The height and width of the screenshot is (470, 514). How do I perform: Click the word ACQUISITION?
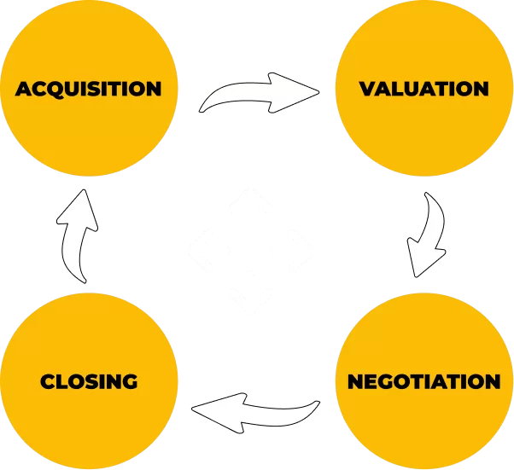(89, 89)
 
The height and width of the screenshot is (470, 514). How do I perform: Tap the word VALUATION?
(423, 89)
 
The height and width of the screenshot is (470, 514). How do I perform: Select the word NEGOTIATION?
(423, 381)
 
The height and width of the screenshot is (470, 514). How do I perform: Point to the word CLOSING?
(89, 381)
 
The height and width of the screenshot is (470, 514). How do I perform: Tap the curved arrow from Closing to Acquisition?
(77, 235)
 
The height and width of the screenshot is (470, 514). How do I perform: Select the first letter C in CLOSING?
(48, 381)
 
